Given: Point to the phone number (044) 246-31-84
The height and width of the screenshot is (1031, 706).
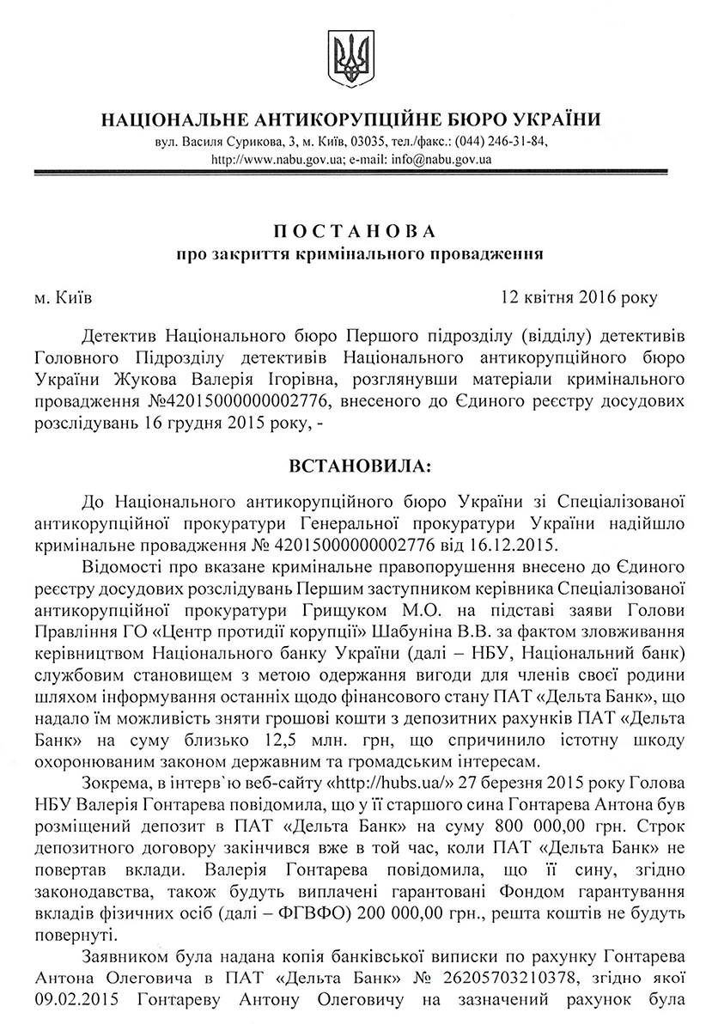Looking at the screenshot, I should [501, 141].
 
